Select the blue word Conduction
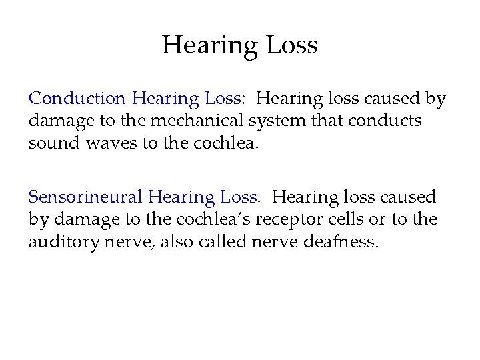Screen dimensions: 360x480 [77, 99]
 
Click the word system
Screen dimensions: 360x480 [275, 121]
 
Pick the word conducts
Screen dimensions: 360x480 [385, 121]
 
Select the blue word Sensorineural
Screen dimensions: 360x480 [85, 197]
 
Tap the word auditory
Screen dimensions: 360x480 [59, 241]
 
